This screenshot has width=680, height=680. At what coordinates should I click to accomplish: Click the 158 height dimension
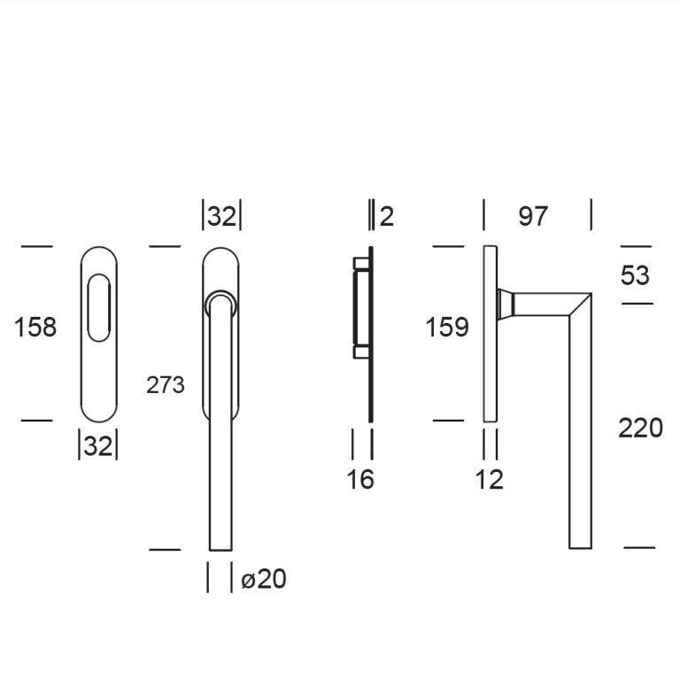[35, 327]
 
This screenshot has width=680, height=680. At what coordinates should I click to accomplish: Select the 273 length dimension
[166, 384]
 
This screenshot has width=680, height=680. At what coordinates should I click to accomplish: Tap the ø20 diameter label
[264, 578]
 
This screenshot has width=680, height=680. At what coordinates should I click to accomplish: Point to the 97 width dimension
[533, 216]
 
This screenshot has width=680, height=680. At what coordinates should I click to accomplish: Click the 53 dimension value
[635, 275]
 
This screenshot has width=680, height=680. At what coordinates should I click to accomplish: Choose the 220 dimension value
[640, 428]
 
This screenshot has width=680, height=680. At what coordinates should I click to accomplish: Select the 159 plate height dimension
[447, 327]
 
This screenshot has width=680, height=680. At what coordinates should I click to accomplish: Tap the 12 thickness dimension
[489, 480]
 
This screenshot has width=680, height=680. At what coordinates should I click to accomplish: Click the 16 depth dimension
[360, 480]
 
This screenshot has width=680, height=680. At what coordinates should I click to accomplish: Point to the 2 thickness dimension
[386, 216]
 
